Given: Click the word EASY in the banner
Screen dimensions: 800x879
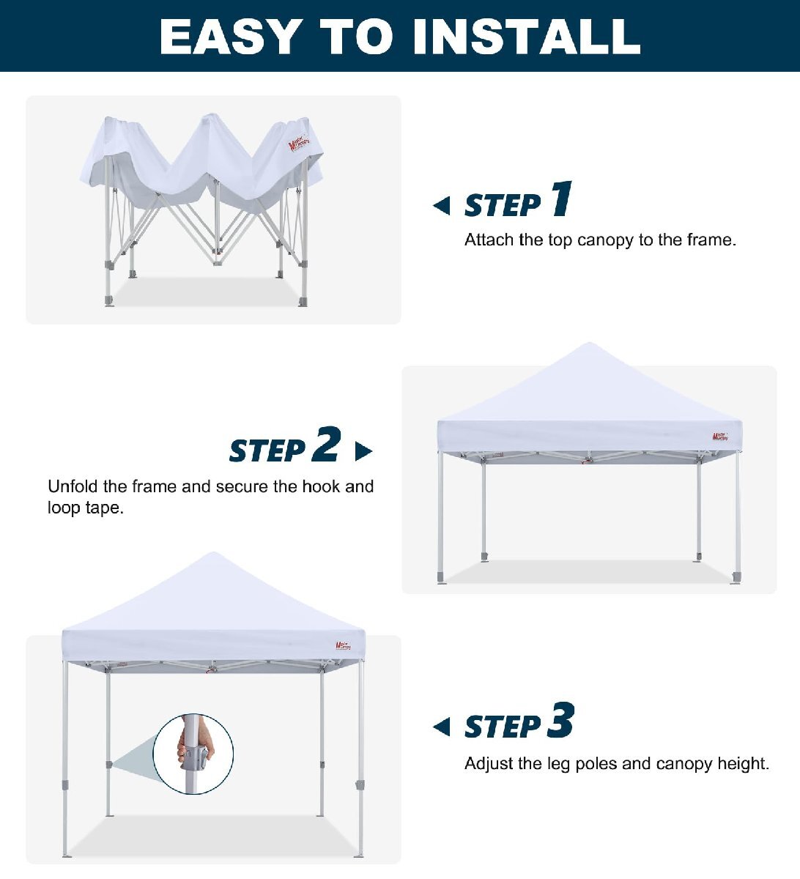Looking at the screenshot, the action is point(231,37).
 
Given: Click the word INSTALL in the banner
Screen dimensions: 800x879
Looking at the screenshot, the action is point(527,37).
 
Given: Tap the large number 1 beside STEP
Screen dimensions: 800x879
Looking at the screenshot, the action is point(562,199).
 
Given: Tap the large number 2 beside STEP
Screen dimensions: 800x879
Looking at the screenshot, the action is point(326,444).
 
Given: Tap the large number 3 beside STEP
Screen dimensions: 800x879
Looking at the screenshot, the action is point(560,719).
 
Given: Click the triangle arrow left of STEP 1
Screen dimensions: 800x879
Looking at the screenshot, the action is point(442,206).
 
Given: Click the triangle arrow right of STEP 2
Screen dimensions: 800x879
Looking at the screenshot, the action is point(363,451).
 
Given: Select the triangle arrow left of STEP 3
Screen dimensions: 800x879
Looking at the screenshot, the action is point(442,727).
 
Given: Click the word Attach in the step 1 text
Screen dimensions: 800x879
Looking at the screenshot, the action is point(489,240).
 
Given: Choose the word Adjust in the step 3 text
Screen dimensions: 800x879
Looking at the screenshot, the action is point(489,763).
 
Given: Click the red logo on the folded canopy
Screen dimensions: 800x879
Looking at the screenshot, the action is point(300,142).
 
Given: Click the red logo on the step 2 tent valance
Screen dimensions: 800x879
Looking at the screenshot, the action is point(720,436).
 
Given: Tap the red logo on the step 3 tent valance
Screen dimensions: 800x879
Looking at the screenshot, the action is point(344,645).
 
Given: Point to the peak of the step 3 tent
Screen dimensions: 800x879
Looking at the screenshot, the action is point(213,553).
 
